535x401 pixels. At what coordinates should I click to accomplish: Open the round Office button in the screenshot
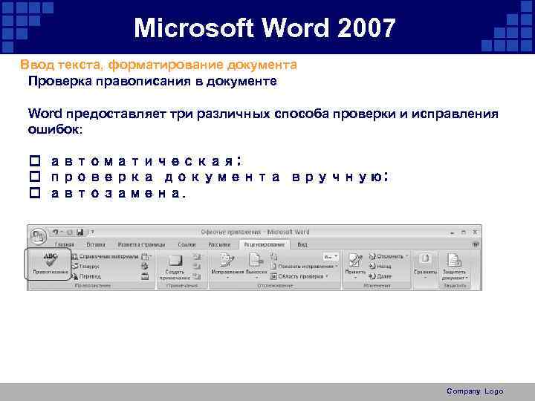pyautogui.click(x=37, y=236)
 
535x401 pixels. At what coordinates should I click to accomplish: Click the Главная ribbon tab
pyautogui.click(x=64, y=244)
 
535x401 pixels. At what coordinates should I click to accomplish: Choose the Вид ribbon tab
pyautogui.click(x=302, y=244)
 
